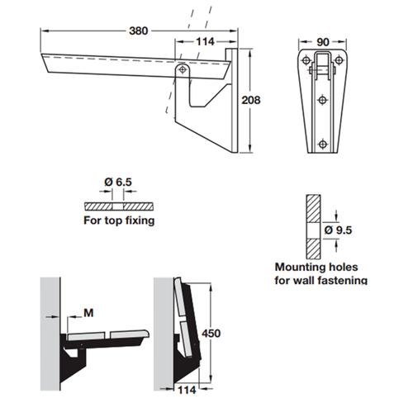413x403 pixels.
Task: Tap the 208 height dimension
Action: coord(250,101)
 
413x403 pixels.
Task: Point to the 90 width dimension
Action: coord(323,41)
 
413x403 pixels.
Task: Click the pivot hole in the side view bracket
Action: coord(180,73)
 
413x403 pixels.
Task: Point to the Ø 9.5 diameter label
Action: coord(340,230)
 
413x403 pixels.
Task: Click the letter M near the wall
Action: coord(87,313)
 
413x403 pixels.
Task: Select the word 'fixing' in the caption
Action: coord(136,221)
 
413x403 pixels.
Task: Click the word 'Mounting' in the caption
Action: coord(297,268)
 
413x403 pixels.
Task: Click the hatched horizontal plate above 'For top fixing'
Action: coord(118,205)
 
